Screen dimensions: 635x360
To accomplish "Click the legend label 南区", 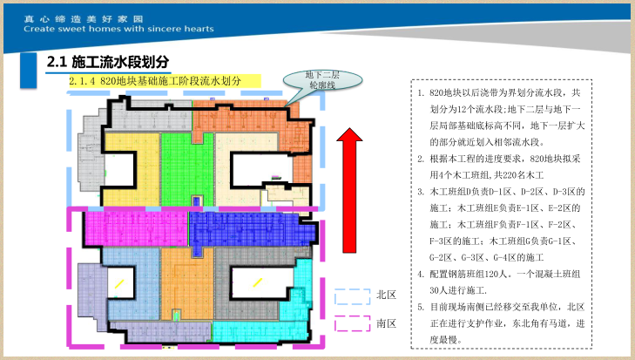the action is coord(387,323).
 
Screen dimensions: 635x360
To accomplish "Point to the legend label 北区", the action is coord(387,295).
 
